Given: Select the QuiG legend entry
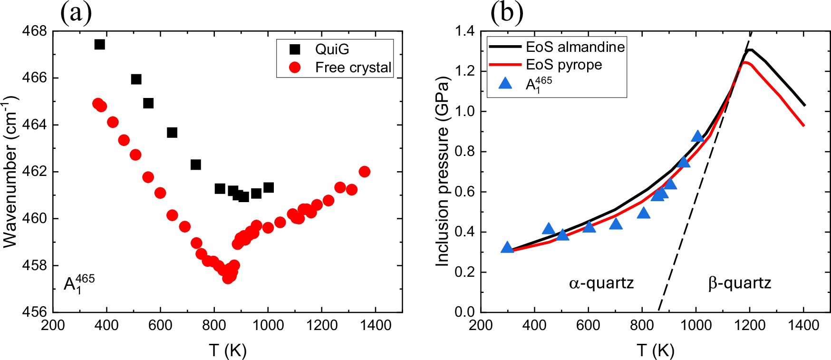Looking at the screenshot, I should [x=331, y=49].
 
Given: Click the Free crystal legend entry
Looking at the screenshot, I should [x=353, y=68].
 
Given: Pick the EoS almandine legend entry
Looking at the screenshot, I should [x=575, y=47].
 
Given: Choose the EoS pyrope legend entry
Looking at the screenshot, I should [x=563, y=65].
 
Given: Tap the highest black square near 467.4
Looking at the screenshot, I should [x=99, y=44].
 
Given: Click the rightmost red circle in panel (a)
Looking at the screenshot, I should [x=365, y=172].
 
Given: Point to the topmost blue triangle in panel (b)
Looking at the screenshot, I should [x=697, y=136].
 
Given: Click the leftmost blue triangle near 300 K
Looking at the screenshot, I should [x=507, y=248].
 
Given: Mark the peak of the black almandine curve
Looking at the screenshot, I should [x=750, y=49].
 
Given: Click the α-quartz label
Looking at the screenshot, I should [x=601, y=283].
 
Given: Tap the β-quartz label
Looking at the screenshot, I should [x=739, y=283].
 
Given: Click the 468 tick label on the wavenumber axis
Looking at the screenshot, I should [x=35, y=31].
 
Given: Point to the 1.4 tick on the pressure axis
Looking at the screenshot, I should [x=464, y=31].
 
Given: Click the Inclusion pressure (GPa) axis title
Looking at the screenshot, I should [x=442, y=171].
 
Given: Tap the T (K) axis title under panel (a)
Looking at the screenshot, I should [x=227, y=350].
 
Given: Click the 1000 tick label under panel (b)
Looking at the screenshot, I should [x=696, y=325].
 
